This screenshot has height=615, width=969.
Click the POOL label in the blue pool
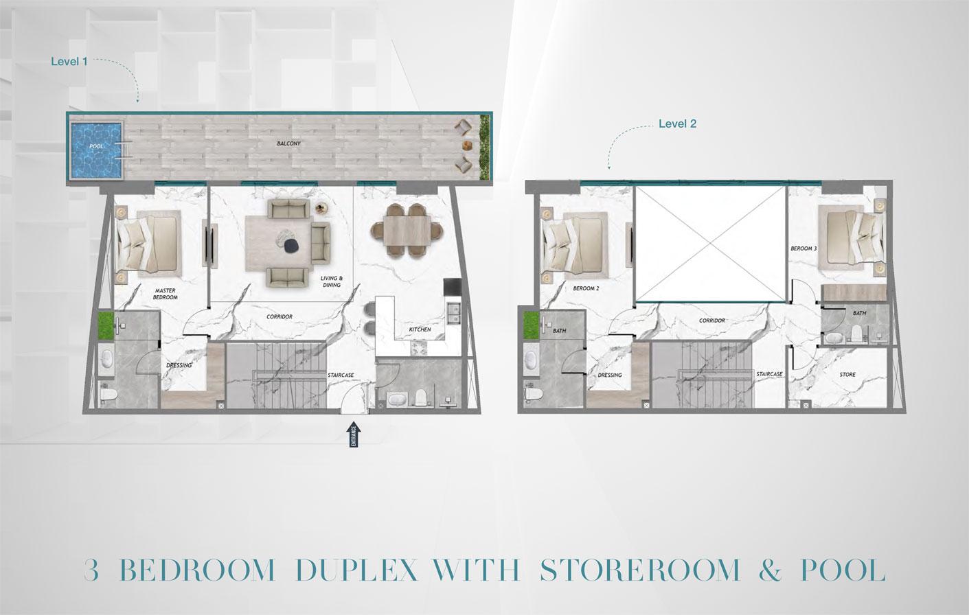click(96, 147)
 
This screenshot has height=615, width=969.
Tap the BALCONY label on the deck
click(288, 143)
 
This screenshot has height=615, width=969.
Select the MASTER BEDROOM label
click(166, 294)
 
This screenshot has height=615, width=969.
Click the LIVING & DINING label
click(332, 281)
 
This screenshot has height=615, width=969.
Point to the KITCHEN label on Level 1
click(420, 329)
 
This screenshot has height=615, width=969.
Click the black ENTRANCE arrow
click(354, 434)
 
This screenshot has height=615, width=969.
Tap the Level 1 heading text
click(69, 61)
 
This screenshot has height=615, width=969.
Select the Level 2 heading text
click(677, 124)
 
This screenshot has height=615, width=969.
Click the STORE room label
click(847, 375)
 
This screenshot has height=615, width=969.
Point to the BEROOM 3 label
click(803, 248)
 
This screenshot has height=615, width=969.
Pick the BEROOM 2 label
click(586, 288)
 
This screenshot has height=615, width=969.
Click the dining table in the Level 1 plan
click(409, 231)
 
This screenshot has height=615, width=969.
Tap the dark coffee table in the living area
click(290, 245)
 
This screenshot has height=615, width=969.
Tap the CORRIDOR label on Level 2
click(712, 321)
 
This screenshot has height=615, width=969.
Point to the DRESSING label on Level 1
click(179, 365)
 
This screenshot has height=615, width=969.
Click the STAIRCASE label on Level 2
click(769, 374)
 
